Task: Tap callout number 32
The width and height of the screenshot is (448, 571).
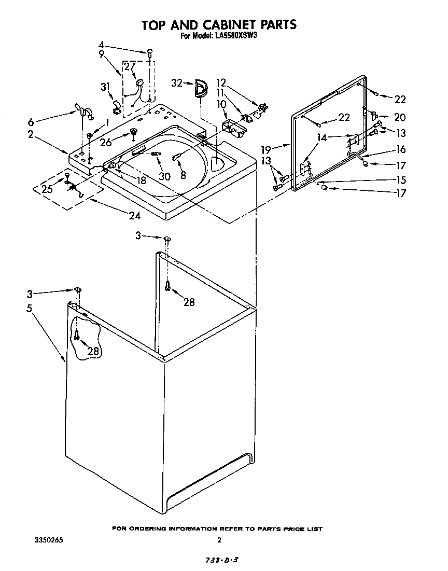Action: (x=177, y=83)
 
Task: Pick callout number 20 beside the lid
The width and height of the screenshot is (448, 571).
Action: (x=400, y=117)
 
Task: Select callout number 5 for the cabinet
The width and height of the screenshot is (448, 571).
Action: (x=30, y=308)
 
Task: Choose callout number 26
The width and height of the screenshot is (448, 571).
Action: (x=106, y=142)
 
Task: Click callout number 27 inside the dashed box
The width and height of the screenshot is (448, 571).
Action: (x=129, y=66)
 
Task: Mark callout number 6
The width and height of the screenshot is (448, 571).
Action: (x=31, y=122)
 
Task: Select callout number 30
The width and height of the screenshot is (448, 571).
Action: (x=164, y=176)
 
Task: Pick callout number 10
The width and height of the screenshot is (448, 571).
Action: (x=222, y=104)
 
